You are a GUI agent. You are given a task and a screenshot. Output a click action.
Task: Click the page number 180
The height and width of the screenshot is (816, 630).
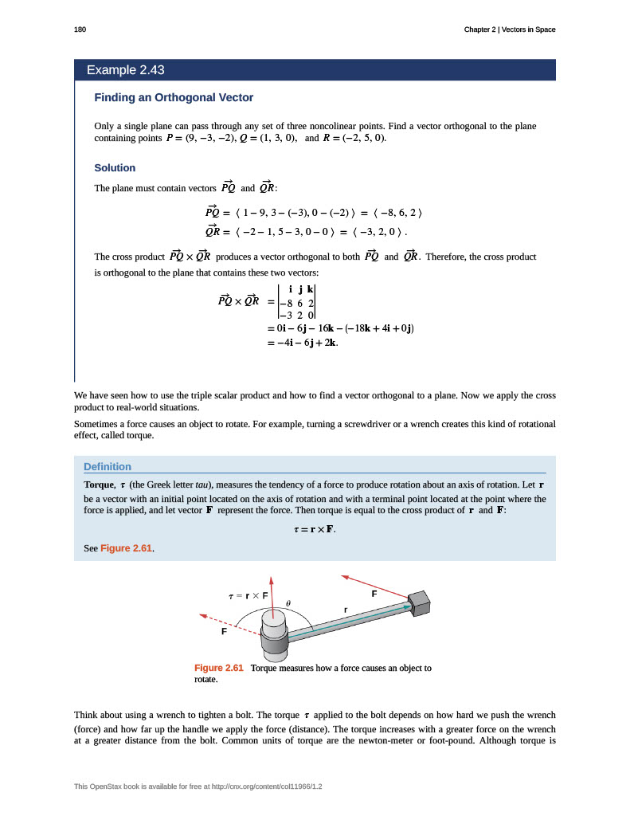(x=79, y=29)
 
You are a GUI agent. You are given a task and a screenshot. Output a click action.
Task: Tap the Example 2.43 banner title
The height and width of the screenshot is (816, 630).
(x=126, y=70)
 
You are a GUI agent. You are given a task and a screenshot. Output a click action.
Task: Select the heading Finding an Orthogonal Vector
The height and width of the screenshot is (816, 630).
(x=174, y=97)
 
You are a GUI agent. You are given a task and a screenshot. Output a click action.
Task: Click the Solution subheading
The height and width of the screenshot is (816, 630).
(x=115, y=168)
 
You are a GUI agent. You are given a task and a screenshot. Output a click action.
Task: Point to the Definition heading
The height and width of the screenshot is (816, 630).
(x=108, y=466)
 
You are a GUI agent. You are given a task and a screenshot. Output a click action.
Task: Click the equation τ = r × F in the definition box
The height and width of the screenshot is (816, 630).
(x=315, y=528)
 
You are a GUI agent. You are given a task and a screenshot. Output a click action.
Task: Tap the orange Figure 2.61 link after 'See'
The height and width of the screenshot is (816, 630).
(x=127, y=549)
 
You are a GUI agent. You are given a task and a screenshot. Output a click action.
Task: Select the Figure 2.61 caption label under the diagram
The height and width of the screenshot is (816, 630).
(x=218, y=668)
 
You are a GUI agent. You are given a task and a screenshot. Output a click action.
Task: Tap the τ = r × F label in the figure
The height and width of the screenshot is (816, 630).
(x=248, y=595)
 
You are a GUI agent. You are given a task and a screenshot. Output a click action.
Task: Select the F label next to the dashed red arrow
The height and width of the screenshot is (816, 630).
(x=224, y=631)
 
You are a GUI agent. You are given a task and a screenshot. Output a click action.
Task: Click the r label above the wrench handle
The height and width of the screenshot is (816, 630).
(x=345, y=610)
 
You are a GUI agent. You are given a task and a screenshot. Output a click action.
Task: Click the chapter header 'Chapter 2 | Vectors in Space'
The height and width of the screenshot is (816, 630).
(x=510, y=29)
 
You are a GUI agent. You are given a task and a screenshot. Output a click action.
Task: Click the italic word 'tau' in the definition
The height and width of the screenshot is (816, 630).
(x=204, y=484)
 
